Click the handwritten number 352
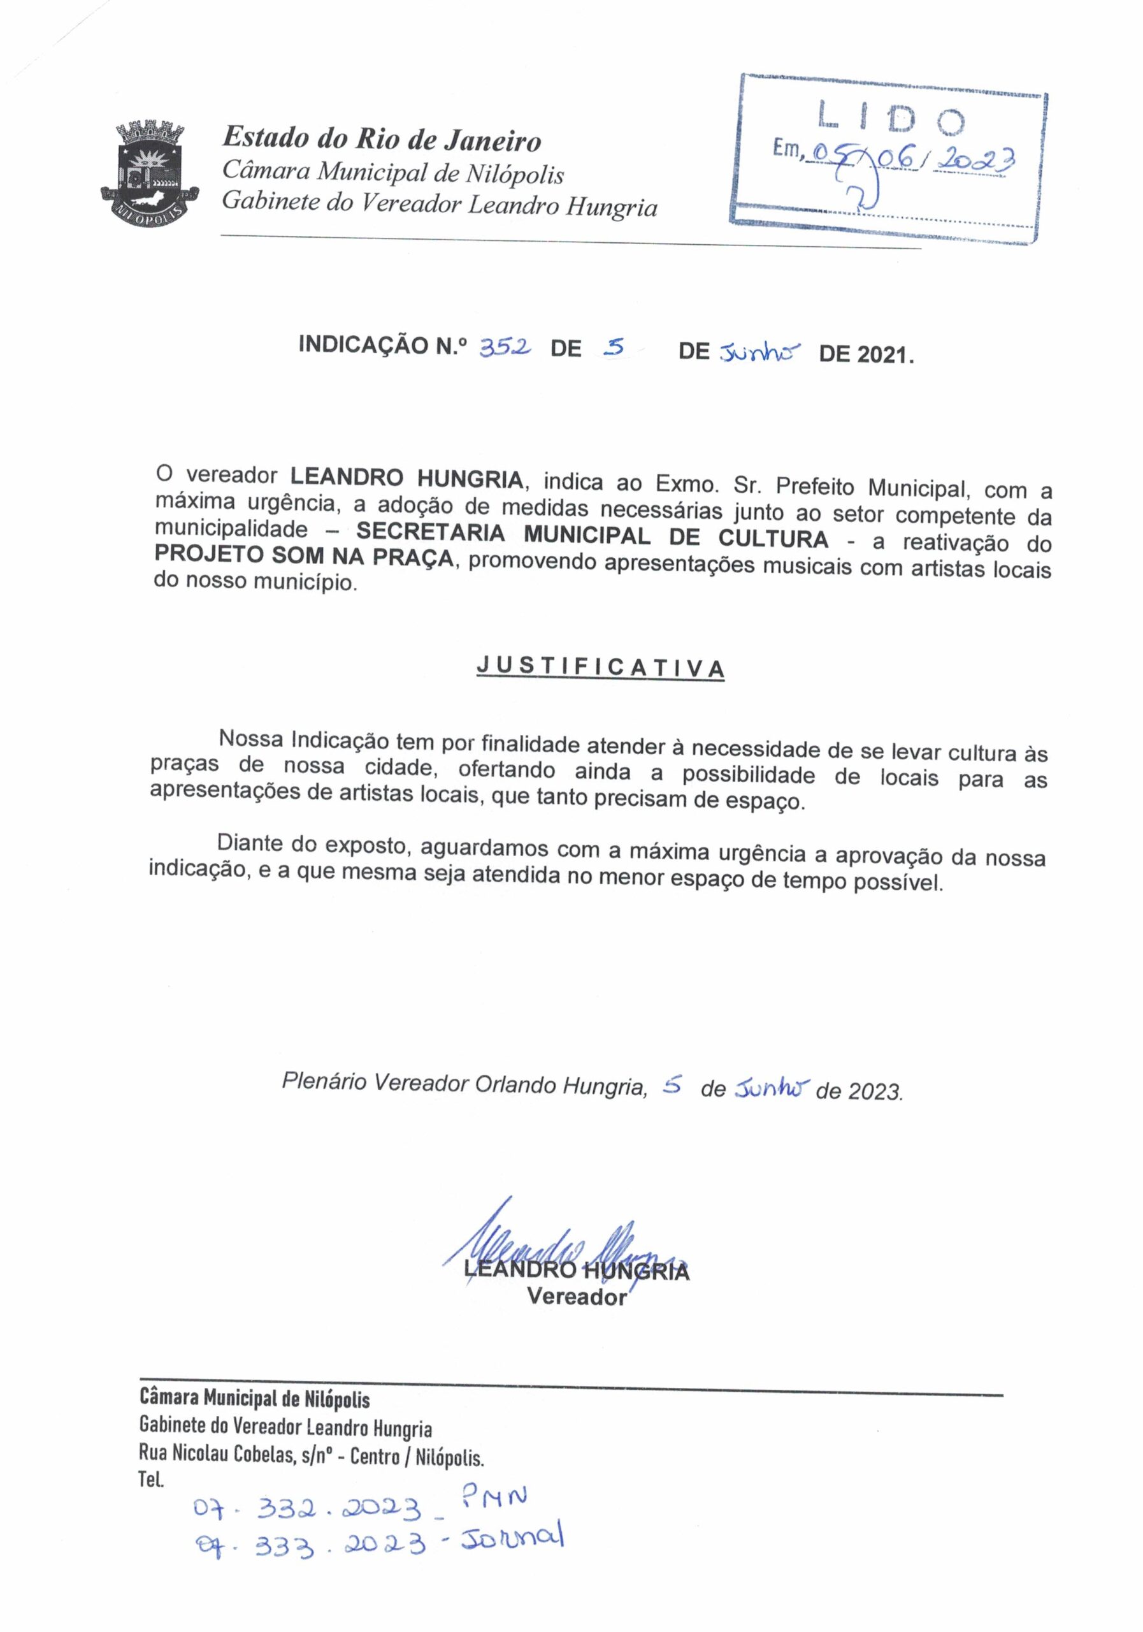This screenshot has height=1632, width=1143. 505,347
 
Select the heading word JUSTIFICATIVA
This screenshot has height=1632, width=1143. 600,667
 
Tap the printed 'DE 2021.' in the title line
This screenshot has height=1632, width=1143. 866,354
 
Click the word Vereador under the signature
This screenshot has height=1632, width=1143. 577,1297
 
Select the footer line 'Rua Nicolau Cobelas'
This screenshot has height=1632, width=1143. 311,1457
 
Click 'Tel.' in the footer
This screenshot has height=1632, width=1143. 151,1481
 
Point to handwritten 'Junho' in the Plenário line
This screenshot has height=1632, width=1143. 770,1088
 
